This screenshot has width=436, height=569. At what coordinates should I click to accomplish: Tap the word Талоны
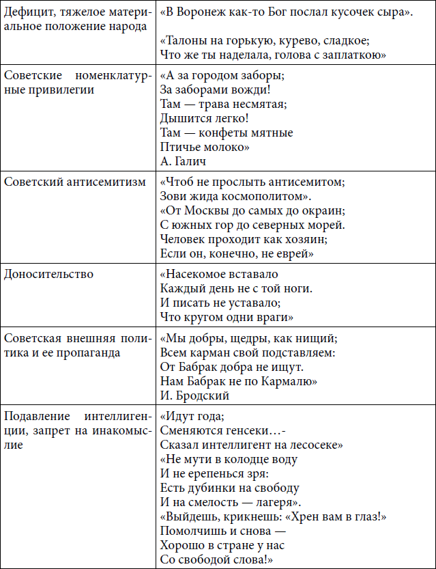(186, 40)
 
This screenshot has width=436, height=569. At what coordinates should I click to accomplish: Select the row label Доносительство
(48, 274)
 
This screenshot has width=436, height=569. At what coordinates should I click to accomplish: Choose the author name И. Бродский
(194, 395)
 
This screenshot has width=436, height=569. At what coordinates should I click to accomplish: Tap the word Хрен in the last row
(308, 517)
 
